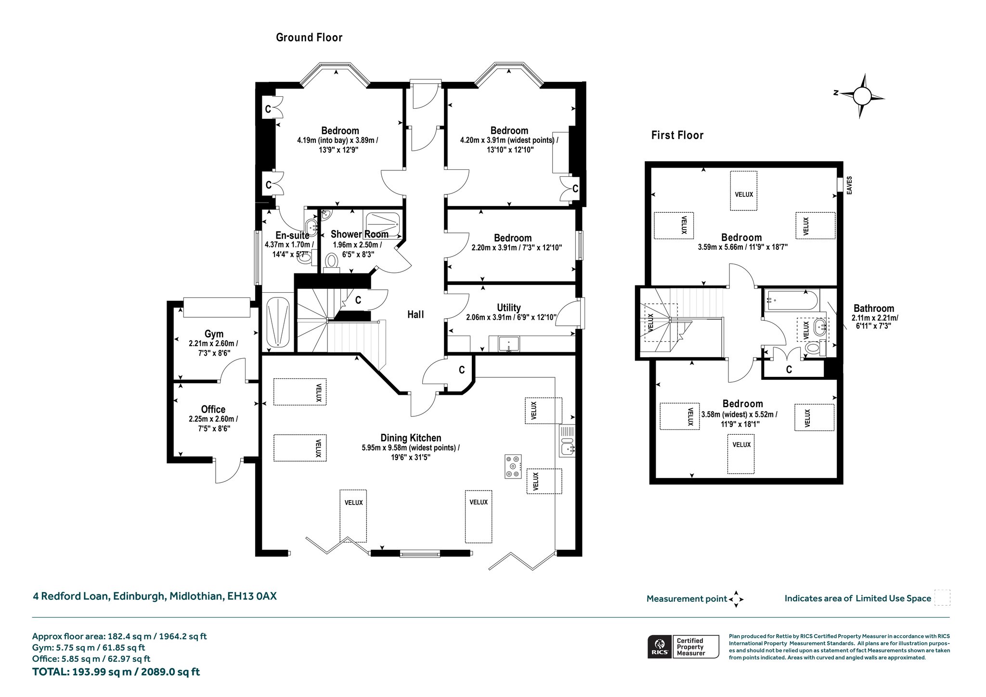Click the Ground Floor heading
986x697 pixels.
coord(309,38)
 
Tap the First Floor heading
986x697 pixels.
coord(677,135)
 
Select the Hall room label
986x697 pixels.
coord(415,314)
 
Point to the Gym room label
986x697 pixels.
coord(214,334)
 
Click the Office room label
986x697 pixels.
coord(213,409)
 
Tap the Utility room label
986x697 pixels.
coord(509,308)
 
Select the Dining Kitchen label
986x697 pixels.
coord(411,438)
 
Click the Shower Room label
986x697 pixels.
coord(360,234)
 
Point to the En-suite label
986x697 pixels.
coord(292,235)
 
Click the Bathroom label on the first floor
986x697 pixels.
coord(874,309)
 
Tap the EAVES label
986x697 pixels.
coord(849,185)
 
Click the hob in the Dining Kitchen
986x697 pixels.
coord(513,466)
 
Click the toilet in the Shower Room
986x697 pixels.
coord(331,263)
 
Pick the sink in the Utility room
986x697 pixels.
coord(508,344)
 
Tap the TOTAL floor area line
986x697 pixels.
coord(116,671)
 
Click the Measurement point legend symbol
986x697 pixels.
coord(736,599)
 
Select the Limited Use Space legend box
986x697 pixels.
coord(942,598)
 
